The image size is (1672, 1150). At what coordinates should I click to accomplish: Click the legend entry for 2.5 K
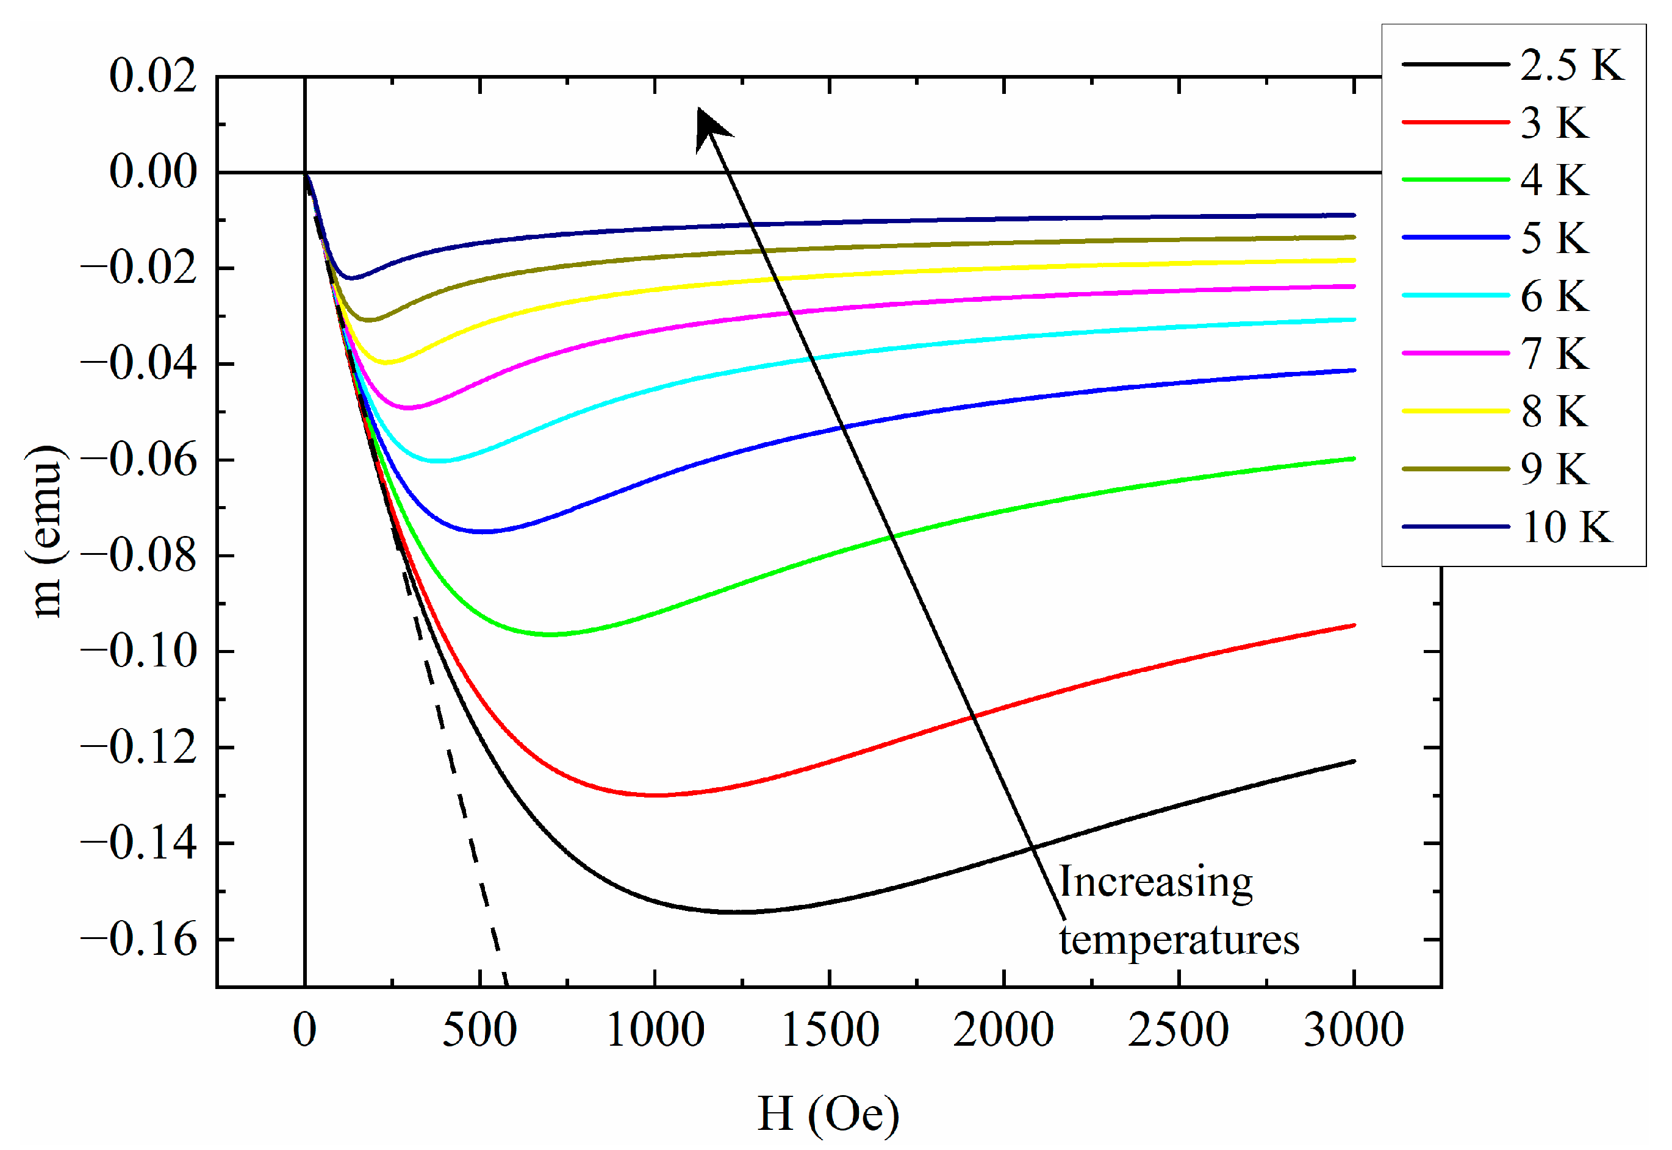[x=1513, y=65]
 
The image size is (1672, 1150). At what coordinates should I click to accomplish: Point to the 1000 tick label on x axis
[x=655, y=1030]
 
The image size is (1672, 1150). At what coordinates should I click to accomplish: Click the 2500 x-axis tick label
[x=1179, y=1030]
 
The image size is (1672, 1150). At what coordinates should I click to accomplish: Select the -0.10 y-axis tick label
[x=138, y=651]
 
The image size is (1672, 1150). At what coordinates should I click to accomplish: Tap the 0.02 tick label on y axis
[x=152, y=76]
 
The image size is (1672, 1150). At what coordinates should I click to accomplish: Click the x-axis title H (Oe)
[x=829, y=1113]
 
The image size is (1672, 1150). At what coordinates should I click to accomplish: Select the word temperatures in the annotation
[x=1179, y=940]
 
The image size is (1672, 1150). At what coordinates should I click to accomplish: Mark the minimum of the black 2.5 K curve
[x=742, y=912]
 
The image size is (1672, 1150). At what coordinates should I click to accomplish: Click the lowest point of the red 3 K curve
[x=656, y=795]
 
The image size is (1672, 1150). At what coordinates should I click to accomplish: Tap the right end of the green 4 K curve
[x=1354, y=459]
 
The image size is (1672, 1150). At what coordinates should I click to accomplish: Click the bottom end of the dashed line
[x=506, y=983]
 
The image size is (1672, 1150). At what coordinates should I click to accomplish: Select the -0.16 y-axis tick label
[x=138, y=940]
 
